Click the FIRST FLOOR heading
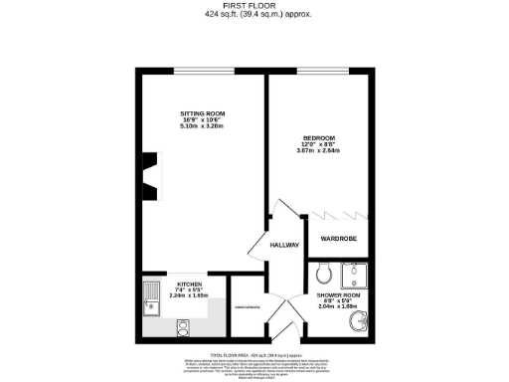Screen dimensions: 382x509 [254, 6]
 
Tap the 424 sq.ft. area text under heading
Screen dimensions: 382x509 [254, 15]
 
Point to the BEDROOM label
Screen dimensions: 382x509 [318, 137]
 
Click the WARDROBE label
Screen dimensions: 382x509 [340, 240]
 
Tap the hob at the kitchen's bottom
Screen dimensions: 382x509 [184, 325]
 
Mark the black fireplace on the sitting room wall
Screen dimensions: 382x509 [148, 175]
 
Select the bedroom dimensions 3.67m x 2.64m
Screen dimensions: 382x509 [318, 150]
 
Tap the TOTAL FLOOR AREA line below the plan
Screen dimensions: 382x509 [254, 353]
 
